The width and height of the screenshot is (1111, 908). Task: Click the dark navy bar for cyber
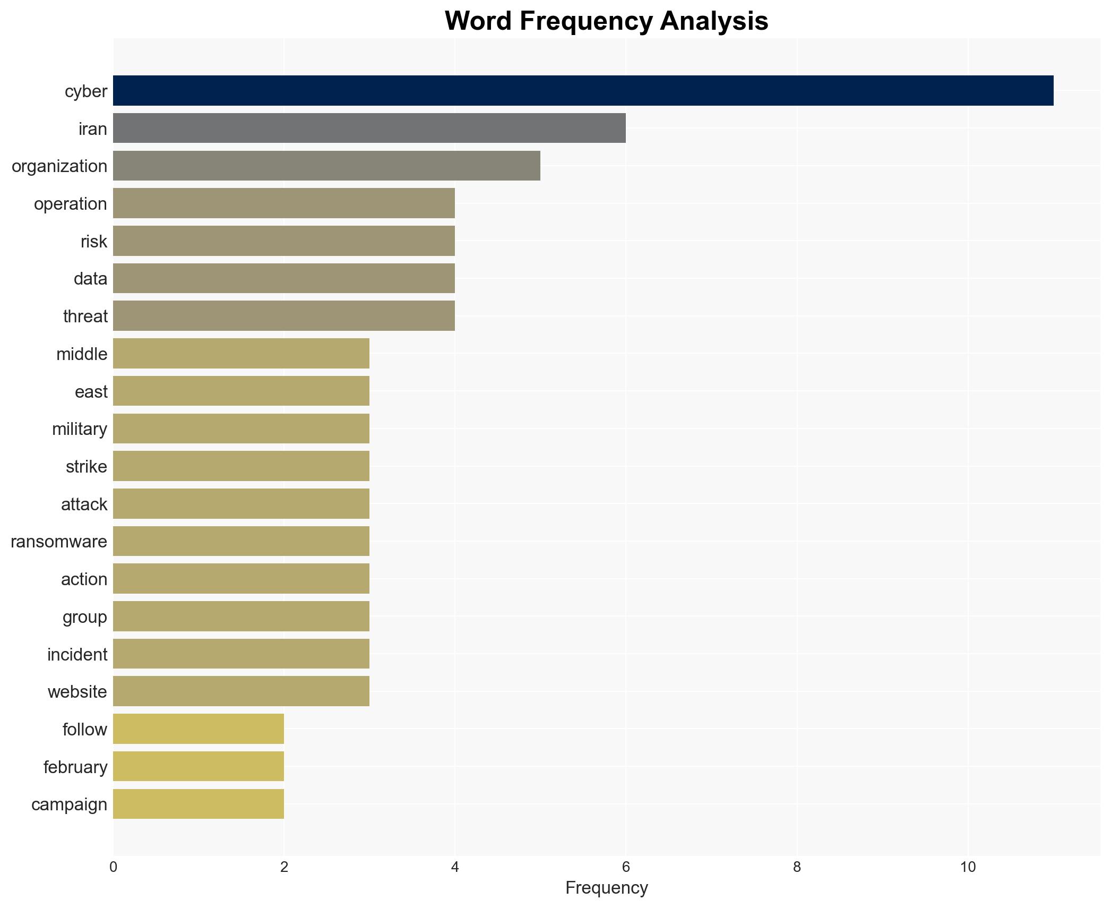[x=583, y=90]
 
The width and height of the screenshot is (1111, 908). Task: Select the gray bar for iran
[x=369, y=128]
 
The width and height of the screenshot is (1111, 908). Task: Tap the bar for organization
[x=326, y=166]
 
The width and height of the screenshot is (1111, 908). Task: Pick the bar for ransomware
[x=241, y=541]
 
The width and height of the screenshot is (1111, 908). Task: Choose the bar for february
[x=199, y=766]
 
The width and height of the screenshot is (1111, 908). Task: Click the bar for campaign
[x=199, y=804]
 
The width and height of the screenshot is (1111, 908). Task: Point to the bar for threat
[x=283, y=316]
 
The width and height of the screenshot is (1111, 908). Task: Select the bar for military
[x=241, y=429]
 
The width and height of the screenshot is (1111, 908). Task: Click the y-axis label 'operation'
[x=70, y=204]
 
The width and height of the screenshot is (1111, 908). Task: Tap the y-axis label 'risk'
[x=93, y=242]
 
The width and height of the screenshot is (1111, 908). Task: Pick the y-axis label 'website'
[x=77, y=692]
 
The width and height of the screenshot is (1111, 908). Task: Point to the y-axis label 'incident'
[x=77, y=655]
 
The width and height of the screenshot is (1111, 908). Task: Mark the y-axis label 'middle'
[x=82, y=354]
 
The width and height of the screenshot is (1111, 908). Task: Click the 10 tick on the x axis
[x=968, y=867]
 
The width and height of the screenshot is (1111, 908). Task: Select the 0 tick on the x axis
[x=113, y=867]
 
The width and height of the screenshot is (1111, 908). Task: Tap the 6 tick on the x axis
[x=626, y=867]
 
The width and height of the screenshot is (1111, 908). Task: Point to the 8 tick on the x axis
[x=797, y=867]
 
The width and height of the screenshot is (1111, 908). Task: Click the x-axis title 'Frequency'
[x=606, y=888]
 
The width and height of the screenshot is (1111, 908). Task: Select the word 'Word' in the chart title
[x=478, y=21]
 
